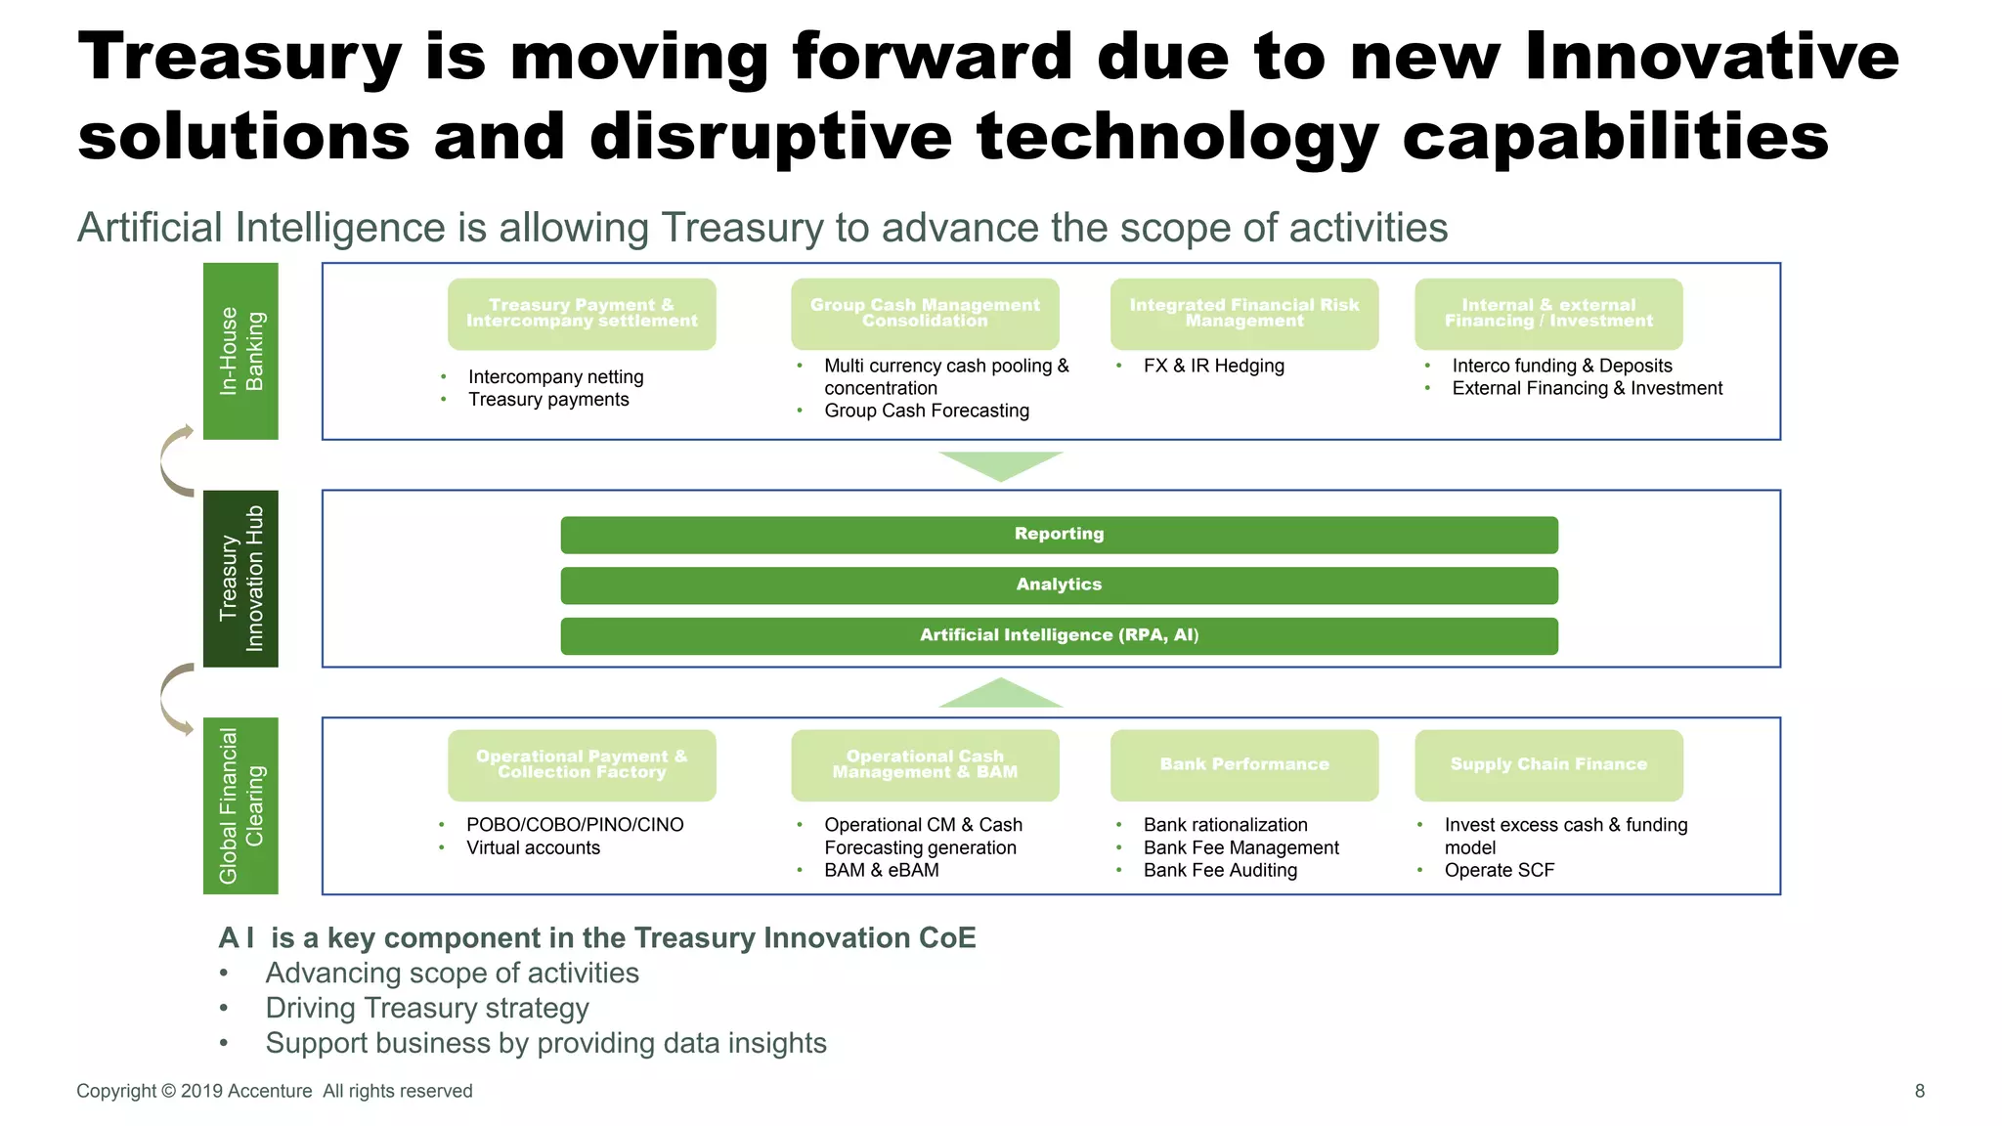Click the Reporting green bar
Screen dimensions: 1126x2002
[1059, 535]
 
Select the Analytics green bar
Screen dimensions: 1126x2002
[1059, 585]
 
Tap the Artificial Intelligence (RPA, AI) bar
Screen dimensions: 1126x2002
[1059, 636]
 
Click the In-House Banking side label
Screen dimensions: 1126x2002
[240, 351]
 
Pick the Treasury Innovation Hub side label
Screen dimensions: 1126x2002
[240, 579]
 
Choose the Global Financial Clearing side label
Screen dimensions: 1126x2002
[240, 805]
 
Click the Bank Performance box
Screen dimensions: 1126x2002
[1243, 765]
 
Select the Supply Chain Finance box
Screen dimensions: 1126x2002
[1548, 765]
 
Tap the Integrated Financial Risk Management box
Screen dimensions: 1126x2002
[1243, 314]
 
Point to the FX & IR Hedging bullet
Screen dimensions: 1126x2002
[1213, 366]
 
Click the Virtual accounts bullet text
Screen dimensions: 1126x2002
[533, 847]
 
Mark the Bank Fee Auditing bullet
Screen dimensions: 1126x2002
[1220, 870]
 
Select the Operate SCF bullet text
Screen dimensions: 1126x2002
[1499, 870]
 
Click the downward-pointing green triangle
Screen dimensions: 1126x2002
[1000, 464]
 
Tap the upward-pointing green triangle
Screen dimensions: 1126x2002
[1000, 694]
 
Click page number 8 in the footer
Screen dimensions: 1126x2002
[1919, 1091]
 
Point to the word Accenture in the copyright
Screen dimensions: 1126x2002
[269, 1091]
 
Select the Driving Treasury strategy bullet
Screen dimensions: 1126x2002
[427, 1008]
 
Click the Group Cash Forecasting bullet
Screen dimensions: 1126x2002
[926, 411]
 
